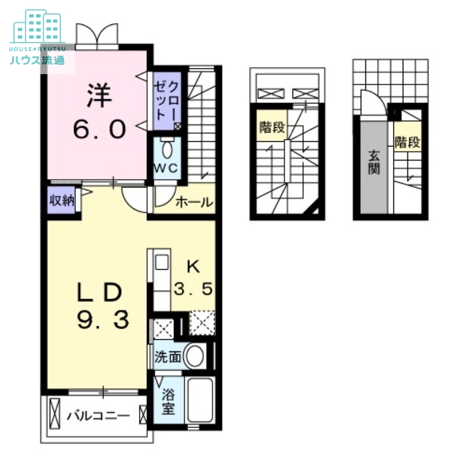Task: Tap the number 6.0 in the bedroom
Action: pos(99,128)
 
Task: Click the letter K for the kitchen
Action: pos(193,267)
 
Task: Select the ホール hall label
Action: pos(193,203)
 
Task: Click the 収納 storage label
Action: pos(61,201)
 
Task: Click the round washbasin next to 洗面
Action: pos(194,356)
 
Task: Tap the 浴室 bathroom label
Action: pos(168,401)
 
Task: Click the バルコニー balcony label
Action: pos(97,416)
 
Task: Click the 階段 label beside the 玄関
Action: pos(407,142)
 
